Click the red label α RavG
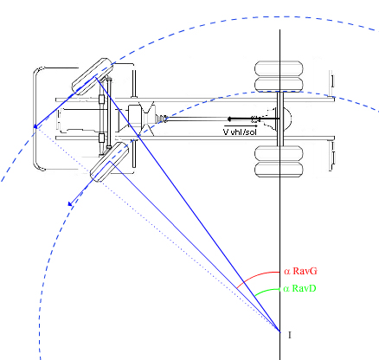pyautogui.click(x=300, y=271)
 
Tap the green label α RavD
pyautogui.click(x=299, y=288)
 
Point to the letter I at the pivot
pyautogui.click(x=290, y=335)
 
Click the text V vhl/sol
pyautogui.click(x=240, y=132)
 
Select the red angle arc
pyautogui.click(x=255, y=275)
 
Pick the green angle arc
pyautogui.click(x=266, y=291)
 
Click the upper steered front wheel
pyautogui.click(x=93, y=77)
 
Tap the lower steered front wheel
pyautogui.click(x=109, y=162)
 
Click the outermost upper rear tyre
pyautogui.click(x=279, y=68)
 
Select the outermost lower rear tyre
pyautogui.click(x=279, y=170)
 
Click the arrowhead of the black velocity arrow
pyautogui.click(x=229, y=119)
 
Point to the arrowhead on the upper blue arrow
pyautogui.click(x=35, y=126)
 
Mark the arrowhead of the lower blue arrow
pyautogui.click(x=70, y=203)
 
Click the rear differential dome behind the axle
pyautogui.click(x=287, y=119)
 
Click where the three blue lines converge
pyautogui.click(x=279, y=331)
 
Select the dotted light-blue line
pyautogui.click(x=157, y=229)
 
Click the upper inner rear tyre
pyautogui.click(x=279, y=85)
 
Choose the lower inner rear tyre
pyautogui.click(x=279, y=153)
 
